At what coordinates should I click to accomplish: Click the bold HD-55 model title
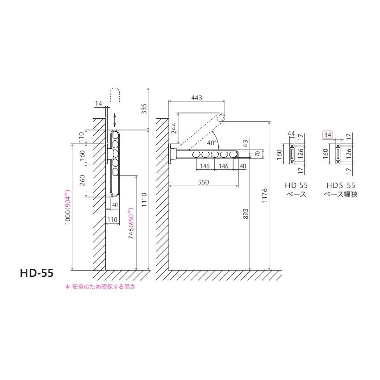point(37,273)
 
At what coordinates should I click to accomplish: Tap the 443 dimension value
point(196,98)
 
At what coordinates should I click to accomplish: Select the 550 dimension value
point(203,182)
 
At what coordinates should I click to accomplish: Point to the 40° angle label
point(212,143)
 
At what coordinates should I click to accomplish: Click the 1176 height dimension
point(265,196)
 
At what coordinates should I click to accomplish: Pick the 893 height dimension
point(246,214)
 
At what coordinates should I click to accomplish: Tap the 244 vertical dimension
point(174,128)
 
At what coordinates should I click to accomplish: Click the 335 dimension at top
point(144,109)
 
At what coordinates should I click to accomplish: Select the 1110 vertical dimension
point(144,200)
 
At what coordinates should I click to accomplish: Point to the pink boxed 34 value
point(328,134)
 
